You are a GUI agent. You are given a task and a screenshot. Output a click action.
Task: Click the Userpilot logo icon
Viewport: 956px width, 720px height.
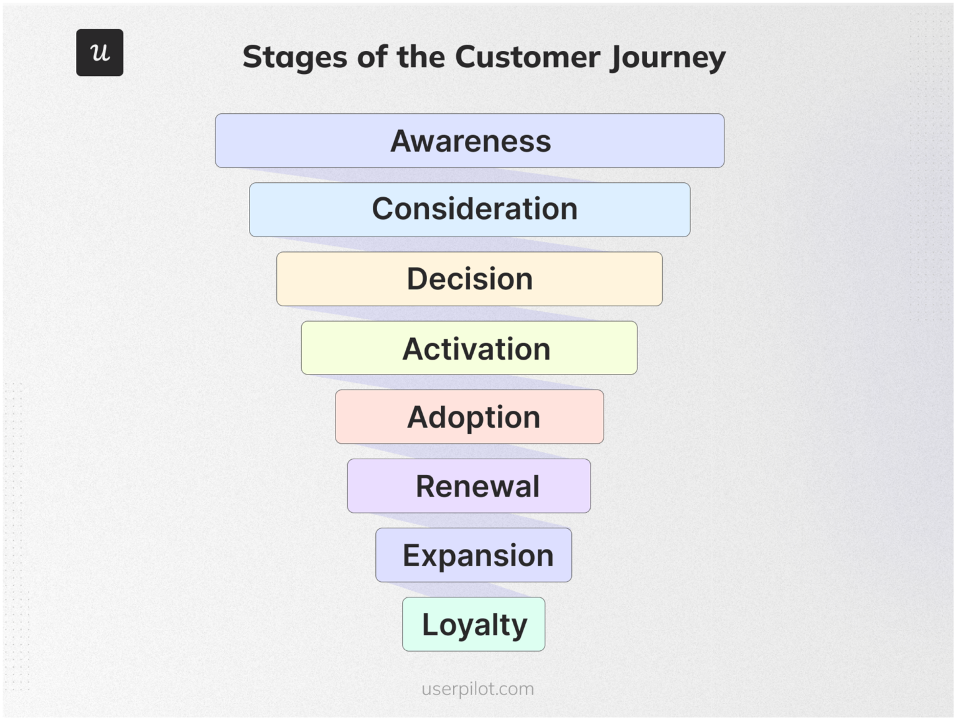point(100,53)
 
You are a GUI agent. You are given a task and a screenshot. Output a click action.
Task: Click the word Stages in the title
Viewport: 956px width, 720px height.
point(294,57)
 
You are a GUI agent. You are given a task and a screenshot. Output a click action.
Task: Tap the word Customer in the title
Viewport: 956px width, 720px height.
point(527,57)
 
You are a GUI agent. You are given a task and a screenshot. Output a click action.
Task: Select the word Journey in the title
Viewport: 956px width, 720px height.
point(668,57)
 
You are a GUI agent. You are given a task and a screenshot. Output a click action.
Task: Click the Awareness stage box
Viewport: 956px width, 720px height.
point(469,141)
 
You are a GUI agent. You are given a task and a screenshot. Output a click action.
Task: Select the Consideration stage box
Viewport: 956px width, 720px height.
point(469,210)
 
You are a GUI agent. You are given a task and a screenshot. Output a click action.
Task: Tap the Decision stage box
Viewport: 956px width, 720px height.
point(469,279)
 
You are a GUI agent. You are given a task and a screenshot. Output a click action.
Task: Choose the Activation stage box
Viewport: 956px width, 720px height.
point(469,348)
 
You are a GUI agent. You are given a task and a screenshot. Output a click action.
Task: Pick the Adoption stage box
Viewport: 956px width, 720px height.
point(469,417)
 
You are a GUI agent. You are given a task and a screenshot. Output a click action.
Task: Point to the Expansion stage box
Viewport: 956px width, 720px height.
point(474,555)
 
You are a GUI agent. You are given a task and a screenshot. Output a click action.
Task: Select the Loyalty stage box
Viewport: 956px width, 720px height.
point(474,624)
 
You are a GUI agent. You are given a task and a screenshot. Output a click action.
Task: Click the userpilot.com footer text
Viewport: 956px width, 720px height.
point(477,689)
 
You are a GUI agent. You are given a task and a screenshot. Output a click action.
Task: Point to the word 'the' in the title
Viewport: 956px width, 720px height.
point(421,57)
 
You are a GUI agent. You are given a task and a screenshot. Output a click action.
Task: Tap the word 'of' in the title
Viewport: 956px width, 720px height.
point(372,57)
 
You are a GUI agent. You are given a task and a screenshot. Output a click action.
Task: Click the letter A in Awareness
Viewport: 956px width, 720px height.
point(402,141)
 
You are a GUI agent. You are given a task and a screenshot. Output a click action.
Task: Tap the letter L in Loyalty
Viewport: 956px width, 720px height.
point(429,624)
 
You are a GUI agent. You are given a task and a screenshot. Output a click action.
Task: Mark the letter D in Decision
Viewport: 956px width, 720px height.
point(418,279)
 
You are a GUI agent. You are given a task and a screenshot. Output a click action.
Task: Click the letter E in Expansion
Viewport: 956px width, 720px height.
point(411,555)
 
